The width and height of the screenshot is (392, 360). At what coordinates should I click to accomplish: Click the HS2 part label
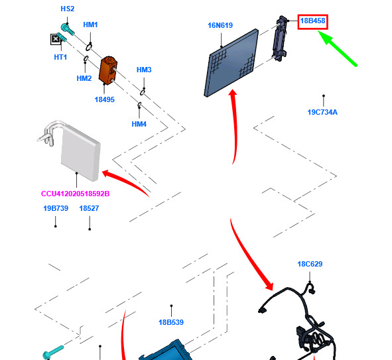(x=68, y=9)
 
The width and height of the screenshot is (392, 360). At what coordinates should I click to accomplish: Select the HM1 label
(x=90, y=25)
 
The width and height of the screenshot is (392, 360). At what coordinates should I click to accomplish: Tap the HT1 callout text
(x=60, y=57)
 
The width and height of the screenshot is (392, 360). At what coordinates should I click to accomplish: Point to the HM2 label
(x=84, y=78)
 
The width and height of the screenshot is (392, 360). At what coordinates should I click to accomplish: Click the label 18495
(x=105, y=99)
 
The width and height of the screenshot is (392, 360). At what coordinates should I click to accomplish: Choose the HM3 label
(x=144, y=70)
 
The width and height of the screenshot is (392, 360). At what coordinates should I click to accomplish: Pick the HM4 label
(x=139, y=124)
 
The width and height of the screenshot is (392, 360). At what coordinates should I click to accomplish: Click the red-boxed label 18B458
(x=313, y=21)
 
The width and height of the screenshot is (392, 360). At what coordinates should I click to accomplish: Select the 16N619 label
(x=220, y=25)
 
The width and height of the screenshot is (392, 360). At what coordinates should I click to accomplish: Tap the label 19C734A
(x=322, y=112)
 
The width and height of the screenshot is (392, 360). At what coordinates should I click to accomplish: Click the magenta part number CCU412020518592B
(x=75, y=194)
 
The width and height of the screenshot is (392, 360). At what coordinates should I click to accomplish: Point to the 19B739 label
(x=56, y=208)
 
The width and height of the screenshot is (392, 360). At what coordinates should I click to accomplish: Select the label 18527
(x=89, y=208)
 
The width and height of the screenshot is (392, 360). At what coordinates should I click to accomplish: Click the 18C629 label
(x=310, y=264)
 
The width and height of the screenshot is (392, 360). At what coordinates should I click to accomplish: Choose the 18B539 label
(x=171, y=322)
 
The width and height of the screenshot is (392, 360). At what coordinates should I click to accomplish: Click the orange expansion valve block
(x=108, y=70)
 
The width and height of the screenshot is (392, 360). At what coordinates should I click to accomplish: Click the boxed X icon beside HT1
(x=56, y=39)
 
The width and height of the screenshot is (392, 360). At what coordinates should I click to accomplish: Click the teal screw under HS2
(x=68, y=29)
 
